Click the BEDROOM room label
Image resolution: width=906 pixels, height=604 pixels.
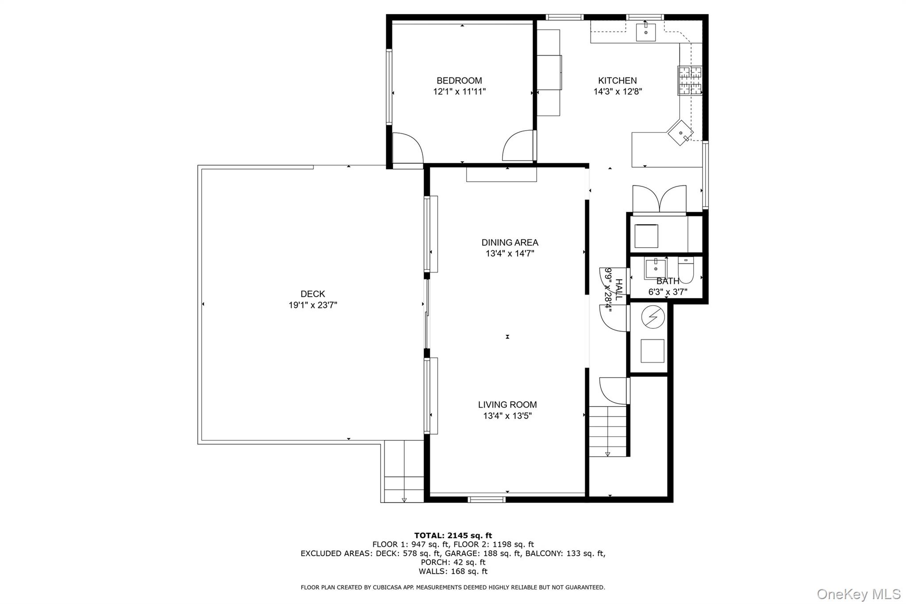click(459, 81)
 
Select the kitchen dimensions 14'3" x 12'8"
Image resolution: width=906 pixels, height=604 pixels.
click(618, 92)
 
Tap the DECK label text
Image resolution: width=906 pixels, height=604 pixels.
click(313, 294)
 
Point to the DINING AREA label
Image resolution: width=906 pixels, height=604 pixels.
click(510, 242)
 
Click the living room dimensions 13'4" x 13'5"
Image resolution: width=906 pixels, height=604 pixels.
click(507, 415)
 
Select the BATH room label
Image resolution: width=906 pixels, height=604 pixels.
click(668, 281)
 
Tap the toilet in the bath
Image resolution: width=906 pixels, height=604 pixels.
click(686, 270)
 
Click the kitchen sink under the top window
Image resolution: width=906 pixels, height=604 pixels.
click(645, 32)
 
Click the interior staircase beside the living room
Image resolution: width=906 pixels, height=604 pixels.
click(608, 431)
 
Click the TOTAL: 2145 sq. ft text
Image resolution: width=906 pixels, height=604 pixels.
click(453, 535)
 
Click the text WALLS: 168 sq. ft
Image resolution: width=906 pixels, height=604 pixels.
click(453, 571)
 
